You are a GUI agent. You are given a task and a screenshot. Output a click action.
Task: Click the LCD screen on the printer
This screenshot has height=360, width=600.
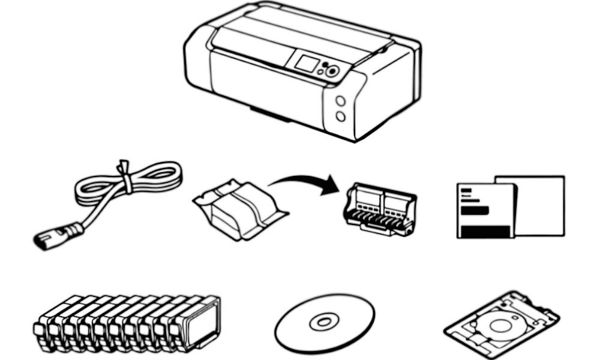(305, 63)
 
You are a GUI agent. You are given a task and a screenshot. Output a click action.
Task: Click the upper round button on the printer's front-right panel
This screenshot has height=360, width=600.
(340, 101)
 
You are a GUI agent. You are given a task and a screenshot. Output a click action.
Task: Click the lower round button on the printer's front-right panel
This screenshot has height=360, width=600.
(341, 115)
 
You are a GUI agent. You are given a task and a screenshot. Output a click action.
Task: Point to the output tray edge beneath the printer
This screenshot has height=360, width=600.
(270, 114)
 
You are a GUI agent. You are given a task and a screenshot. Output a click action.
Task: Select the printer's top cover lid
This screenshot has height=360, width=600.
(300, 33)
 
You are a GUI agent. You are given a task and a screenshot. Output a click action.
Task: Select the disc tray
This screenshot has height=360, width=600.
(502, 324)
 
